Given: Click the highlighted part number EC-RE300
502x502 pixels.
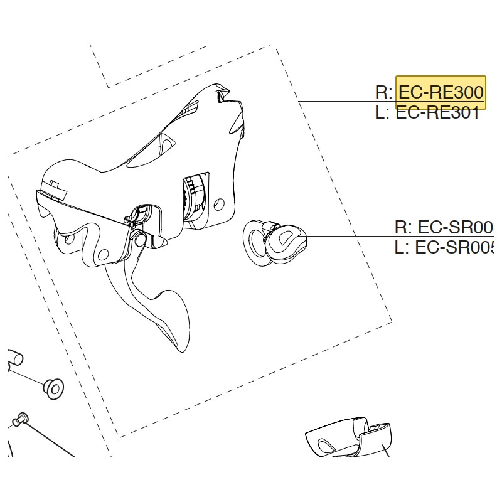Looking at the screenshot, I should point(441,93).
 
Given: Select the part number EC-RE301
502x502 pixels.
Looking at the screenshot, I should point(438,114).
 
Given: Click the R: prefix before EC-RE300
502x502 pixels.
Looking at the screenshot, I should point(383,93).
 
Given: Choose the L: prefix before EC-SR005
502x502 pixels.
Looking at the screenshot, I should point(402,248).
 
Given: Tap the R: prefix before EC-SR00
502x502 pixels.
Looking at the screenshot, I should point(403,227).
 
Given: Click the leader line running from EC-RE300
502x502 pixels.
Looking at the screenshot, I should point(339,102).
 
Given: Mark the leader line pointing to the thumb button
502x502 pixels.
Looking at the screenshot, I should point(351,237).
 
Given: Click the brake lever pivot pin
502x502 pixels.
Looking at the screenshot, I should point(139,240).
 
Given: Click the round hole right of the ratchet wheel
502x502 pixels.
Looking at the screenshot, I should point(219,203).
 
